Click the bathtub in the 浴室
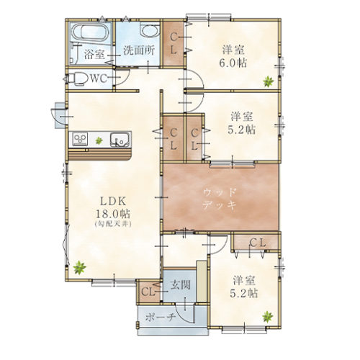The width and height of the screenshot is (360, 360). coord(89,33)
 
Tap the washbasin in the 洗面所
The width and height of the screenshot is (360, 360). coord(149,30)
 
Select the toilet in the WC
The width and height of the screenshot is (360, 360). coord(77,79)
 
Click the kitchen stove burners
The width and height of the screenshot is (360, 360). coord(80,139)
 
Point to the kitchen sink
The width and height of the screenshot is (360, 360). coord(120,140)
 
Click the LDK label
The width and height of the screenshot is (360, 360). coord(113,202)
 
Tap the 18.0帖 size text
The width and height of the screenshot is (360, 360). coord(113,213)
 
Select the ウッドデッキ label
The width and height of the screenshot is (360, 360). coord(219,199)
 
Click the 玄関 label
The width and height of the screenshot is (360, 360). coord(181,285)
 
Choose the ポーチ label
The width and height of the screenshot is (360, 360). coord(161,318)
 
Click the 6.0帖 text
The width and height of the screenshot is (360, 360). coord(233,63)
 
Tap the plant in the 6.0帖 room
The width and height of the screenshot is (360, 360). coord(268,81)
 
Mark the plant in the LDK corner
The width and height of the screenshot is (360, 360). coord(79,268)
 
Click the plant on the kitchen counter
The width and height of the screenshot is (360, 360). coord(99,140)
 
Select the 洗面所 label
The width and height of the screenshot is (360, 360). coord(139,51)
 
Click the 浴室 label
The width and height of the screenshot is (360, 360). coord(94,55)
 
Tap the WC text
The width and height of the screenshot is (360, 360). coord(99,78)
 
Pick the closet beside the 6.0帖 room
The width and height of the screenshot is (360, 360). coord(174,43)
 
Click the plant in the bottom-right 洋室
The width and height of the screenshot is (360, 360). coord(268,317)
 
